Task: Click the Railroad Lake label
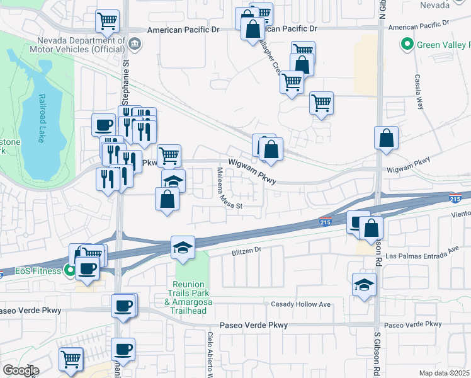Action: (42, 119)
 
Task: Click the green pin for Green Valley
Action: (407, 45)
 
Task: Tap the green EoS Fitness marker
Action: (70, 272)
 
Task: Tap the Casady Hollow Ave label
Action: (300, 305)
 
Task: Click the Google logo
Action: (21, 370)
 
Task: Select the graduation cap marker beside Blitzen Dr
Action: (183, 248)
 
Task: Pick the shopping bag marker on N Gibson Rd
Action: (386, 138)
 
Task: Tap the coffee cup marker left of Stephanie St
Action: (103, 124)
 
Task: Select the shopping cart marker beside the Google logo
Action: (71, 358)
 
